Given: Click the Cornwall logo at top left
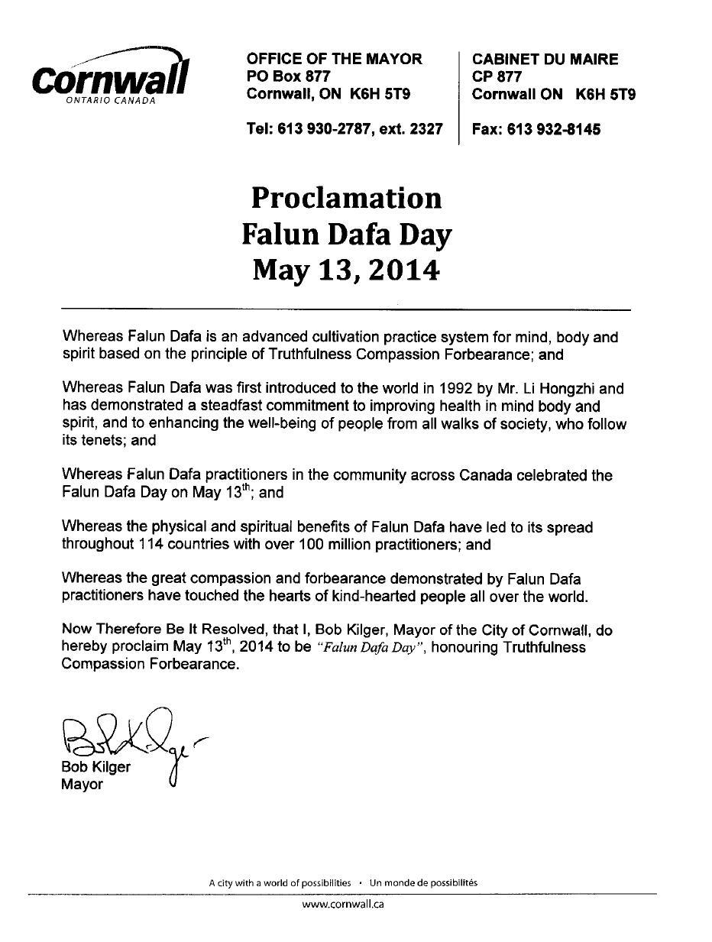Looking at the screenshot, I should tap(110, 76).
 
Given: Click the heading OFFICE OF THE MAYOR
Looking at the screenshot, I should tap(334, 59).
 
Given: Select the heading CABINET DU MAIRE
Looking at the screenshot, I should tap(545, 59).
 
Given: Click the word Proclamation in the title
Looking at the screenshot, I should tap(346, 198).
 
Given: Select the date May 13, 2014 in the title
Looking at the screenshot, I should tap(346, 269).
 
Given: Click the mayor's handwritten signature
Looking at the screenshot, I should tap(130, 737).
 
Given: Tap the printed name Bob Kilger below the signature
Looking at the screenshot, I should tap(95, 767).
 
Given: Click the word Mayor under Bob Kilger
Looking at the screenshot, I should tap(82, 785).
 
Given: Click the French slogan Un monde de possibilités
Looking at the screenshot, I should tap(423, 882).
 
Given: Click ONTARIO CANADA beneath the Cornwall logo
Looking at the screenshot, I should tap(110, 101).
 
